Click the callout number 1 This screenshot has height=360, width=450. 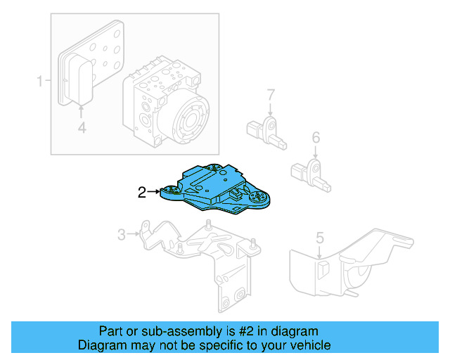point(40,82)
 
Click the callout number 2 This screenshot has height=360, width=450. point(142,191)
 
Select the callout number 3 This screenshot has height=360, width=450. point(121,234)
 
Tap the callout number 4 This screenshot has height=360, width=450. point(82,127)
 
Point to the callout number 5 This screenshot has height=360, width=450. point(319,238)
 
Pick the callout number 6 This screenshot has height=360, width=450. point(316,137)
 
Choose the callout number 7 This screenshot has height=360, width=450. point(269,94)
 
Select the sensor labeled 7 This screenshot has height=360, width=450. point(266,130)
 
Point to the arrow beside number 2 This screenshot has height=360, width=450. point(155,191)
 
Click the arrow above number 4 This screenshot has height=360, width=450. point(82,110)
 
